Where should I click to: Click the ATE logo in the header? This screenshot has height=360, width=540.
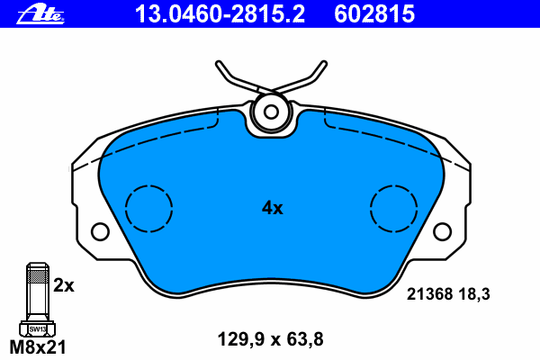40,14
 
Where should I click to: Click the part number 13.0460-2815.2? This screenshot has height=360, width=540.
220,14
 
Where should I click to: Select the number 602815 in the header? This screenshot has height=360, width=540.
374,14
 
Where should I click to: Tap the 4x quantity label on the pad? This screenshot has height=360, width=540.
272,208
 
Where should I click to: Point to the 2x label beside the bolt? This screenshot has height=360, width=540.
64,285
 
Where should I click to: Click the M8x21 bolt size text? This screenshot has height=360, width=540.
38,347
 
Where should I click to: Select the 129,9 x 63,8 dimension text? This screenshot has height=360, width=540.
270,339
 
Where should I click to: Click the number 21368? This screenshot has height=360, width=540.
429,294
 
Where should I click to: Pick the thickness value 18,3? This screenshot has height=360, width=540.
474,294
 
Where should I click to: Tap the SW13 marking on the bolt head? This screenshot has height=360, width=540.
37,329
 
